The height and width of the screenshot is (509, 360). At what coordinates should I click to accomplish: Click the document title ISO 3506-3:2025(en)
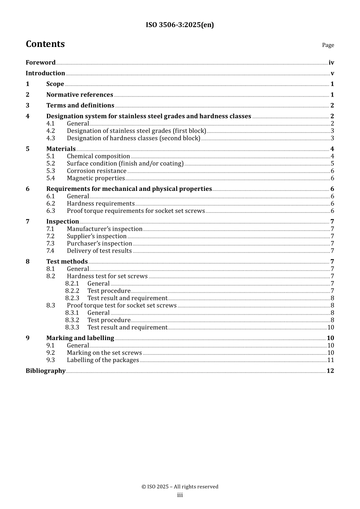coord(180,25)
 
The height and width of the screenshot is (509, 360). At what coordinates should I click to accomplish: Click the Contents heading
coord(45,44)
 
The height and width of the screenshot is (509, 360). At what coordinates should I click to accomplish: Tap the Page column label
coord(328,45)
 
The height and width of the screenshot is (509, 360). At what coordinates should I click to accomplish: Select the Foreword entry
coord(41,62)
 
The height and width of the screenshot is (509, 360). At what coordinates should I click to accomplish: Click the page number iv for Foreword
coord(331,62)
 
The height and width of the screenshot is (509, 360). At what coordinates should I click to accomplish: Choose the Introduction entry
coord(45,73)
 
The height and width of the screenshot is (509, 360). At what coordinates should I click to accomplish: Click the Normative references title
coord(80,95)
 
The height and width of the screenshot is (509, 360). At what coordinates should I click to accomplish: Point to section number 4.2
coord(51,131)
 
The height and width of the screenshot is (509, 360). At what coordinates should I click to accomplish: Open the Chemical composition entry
coord(98,156)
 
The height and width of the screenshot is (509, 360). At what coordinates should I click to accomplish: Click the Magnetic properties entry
coord(96,178)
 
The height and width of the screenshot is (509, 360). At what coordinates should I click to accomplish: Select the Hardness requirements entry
coord(100,204)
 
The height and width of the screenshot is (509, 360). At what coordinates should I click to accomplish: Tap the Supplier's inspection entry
coord(97,236)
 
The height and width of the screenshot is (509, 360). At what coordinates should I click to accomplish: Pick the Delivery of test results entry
coord(99,251)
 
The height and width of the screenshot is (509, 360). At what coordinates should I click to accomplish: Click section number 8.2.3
coord(72,298)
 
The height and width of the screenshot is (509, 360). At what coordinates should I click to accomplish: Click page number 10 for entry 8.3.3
coord(330,328)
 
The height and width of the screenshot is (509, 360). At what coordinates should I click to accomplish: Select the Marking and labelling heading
coord(80,338)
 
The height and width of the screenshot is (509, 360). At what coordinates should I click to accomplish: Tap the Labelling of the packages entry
coord(103,360)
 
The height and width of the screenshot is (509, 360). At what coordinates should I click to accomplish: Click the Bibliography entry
coord(45,371)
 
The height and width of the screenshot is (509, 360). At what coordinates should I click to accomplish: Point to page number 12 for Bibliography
coord(330,371)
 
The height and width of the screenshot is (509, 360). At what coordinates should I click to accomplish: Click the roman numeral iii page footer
coord(180,495)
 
